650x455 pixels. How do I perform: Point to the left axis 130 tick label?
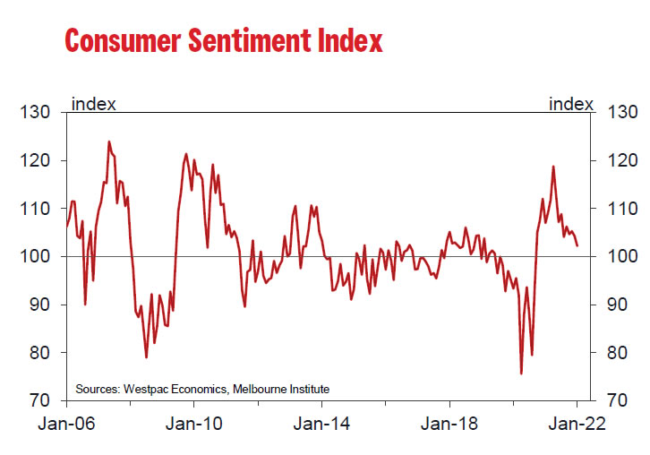click(x=36, y=114)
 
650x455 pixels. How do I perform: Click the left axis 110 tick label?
click(x=36, y=210)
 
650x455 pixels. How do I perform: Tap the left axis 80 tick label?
click(x=39, y=353)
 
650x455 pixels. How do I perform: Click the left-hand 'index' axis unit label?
click(x=93, y=104)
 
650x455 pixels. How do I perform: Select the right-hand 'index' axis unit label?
click(x=570, y=104)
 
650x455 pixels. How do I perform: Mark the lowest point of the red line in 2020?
click(x=521, y=373)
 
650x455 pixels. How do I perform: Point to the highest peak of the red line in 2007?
click(x=109, y=142)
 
